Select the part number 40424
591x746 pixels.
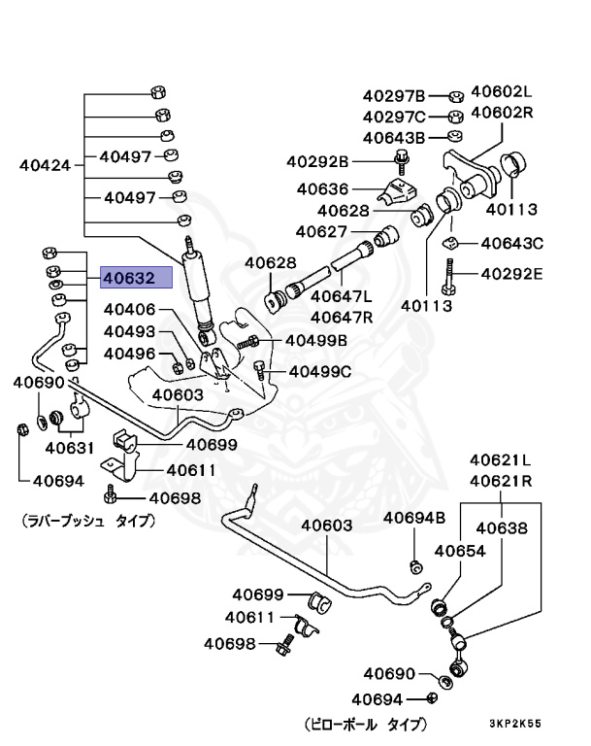point(46,165)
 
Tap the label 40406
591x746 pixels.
point(129,310)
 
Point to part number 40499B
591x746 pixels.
point(315,340)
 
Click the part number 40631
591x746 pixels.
point(67,448)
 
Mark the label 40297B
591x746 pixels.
point(394,96)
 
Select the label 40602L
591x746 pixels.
point(503,92)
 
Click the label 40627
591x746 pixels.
point(321,231)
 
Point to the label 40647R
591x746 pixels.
point(343,317)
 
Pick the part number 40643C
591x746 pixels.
point(511,243)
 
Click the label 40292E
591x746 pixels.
point(511,273)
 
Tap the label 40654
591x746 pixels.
point(459,551)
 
